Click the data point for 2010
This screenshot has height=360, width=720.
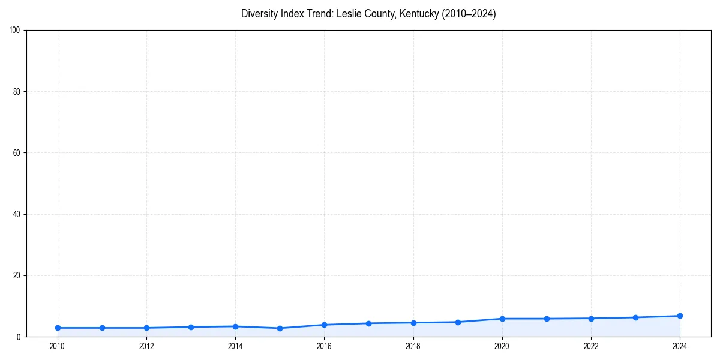pyautogui.click(x=58, y=328)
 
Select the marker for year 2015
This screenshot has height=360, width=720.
pyautogui.click(x=280, y=328)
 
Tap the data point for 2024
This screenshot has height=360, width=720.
pyautogui.click(x=680, y=316)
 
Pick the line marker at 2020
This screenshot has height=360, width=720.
pyautogui.click(x=502, y=319)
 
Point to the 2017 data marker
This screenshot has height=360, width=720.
pyautogui.click(x=368, y=323)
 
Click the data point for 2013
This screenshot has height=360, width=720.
pyautogui.click(x=191, y=327)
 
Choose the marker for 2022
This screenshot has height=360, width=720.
pyautogui.click(x=591, y=318)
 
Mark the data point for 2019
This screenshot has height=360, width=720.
pyautogui.click(x=458, y=322)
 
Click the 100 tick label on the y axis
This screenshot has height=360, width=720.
pyautogui.click(x=15, y=31)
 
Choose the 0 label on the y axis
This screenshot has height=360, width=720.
pyautogui.click(x=19, y=337)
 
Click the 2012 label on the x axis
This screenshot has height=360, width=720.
pyautogui.click(x=146, y=346)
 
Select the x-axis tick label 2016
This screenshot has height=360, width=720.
pyautogui.click(x=324, y=346)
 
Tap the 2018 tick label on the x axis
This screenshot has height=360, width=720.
pyautogui.click(x=413, y=346)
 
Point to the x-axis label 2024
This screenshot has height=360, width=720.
pyautogui.click(x=680, y=346)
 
